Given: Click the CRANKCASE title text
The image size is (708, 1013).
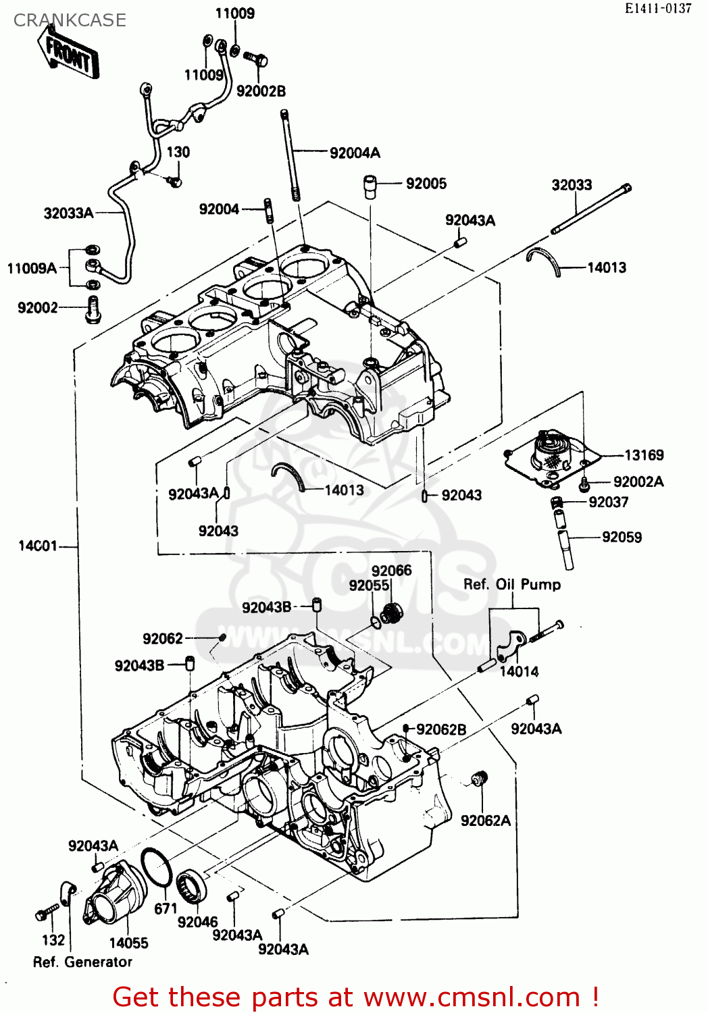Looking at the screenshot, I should (x=70, y=20).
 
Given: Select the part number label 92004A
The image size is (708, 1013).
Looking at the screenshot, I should (x=355, y=153).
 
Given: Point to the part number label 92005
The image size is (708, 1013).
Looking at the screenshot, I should (x=426, y=184).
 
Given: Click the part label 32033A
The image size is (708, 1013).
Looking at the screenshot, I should (x=68, y=213).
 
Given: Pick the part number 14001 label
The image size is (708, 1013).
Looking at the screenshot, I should (x=38, y=546).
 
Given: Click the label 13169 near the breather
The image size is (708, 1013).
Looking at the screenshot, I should (x=644, y=455).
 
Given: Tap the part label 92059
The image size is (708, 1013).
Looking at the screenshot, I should (x=622, y=538).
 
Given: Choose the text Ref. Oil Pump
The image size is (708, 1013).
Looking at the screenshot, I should (x=511, y=585).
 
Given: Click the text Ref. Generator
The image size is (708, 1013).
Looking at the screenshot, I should (x=82, y=962).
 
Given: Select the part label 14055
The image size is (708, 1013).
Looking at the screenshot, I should (x=128, y=943).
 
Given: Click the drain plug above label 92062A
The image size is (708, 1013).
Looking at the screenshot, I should (x=479, y=779).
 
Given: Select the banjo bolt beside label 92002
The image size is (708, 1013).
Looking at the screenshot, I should (x=93, y=310).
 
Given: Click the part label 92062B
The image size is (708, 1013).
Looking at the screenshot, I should (x=441, y=729).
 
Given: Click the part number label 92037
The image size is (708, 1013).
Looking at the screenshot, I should (x=608, y=502).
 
